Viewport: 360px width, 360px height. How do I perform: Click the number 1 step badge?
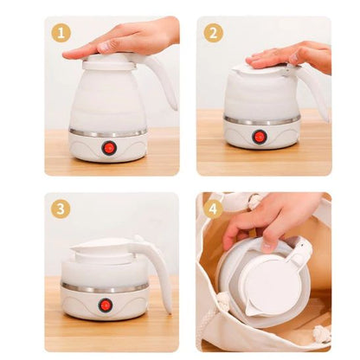pos(61,33)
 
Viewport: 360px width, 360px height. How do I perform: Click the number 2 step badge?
pos(214,33)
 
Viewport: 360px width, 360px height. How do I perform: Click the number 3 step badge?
pos(61,209)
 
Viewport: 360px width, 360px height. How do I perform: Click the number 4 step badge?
pos(214,209)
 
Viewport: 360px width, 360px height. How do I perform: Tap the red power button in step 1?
pos(109,147)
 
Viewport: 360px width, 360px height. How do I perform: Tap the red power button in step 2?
pos(260,137)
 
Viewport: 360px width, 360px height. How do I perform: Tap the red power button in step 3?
pos(106,305)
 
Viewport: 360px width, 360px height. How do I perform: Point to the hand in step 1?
pos(130,39)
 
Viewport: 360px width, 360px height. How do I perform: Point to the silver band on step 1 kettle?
pos(108,133)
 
